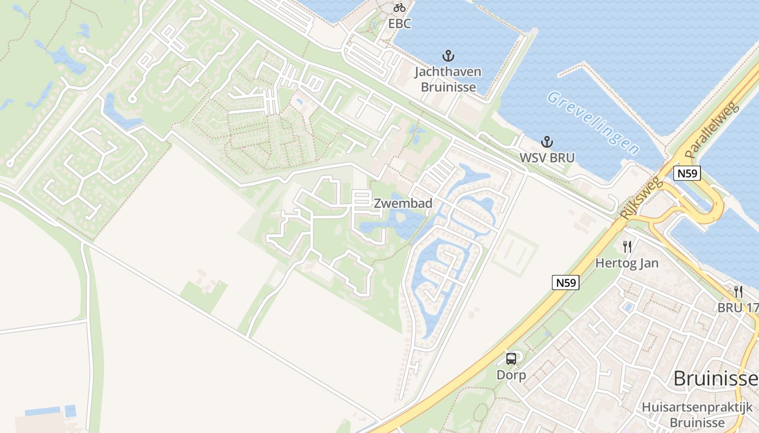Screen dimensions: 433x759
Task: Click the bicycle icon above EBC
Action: pos(400,8)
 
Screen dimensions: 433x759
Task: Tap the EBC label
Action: pos(400,24)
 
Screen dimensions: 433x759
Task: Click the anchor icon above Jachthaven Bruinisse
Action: pos(448,55)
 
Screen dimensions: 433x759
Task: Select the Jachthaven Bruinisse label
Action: pos(448,79)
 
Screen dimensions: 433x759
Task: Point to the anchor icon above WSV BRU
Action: pos(548,142)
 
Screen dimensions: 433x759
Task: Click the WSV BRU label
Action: pos(548,158)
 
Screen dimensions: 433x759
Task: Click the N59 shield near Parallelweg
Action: pos(687,173)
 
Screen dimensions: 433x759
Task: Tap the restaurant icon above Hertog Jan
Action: pos(627,247)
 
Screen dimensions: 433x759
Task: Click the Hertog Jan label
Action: pos(627,264)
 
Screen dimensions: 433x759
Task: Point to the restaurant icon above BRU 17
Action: pos(738,291)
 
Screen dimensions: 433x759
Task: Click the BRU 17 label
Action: pos(737,307)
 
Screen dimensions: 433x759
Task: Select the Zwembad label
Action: pos(403,204)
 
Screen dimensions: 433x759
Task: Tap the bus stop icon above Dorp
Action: pos(511,358)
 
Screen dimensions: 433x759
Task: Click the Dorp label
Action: pos(511,375)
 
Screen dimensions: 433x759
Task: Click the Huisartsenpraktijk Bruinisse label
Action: pos(697,415)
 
